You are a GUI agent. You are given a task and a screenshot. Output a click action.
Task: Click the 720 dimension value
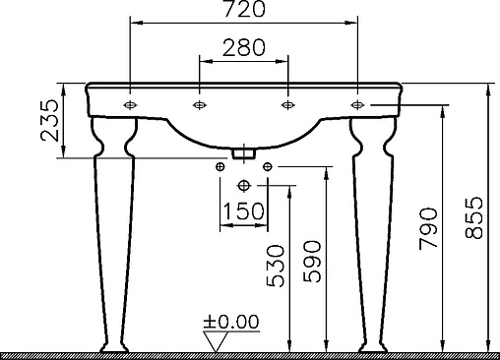(x=243, y=11)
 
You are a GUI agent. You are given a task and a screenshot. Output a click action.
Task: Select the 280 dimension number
(x=242, y=47)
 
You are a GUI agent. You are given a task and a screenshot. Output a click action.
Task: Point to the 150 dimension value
(x=242, y=211)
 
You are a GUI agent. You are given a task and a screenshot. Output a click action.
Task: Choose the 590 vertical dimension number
(x=312, y=262)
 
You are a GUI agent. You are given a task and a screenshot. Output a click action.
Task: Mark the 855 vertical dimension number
(x=475, y=224)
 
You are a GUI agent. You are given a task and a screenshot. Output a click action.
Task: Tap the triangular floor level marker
(x=214, y=338)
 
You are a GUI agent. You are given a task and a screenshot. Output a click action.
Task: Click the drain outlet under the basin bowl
(x=243, y=152)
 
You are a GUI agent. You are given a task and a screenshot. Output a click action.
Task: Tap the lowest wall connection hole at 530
(x=243, y=186)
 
